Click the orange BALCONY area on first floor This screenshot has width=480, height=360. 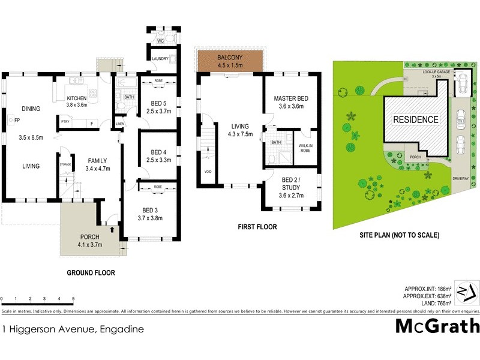click(x=231, y=61)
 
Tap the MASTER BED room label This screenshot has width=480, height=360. click(x=291, y=98)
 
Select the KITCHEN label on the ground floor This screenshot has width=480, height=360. click(x=77, y=98)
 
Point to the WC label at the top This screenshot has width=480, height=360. click(x=160, y=41)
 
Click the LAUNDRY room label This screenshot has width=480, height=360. click(x=160, y=59)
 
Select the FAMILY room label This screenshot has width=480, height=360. click(x=97, y=161)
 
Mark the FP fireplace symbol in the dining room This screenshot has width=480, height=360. click(x=11, y=119)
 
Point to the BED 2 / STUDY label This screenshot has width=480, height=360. click(x=290, y=182)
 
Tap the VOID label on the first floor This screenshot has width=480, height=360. click(x=207, y=172)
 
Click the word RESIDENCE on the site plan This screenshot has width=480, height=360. click(x=415, y=119)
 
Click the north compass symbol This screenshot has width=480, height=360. click(x=466, y=292)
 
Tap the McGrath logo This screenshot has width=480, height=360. click(x=438, y=326)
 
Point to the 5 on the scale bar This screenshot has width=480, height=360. click(x=73, y=299)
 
